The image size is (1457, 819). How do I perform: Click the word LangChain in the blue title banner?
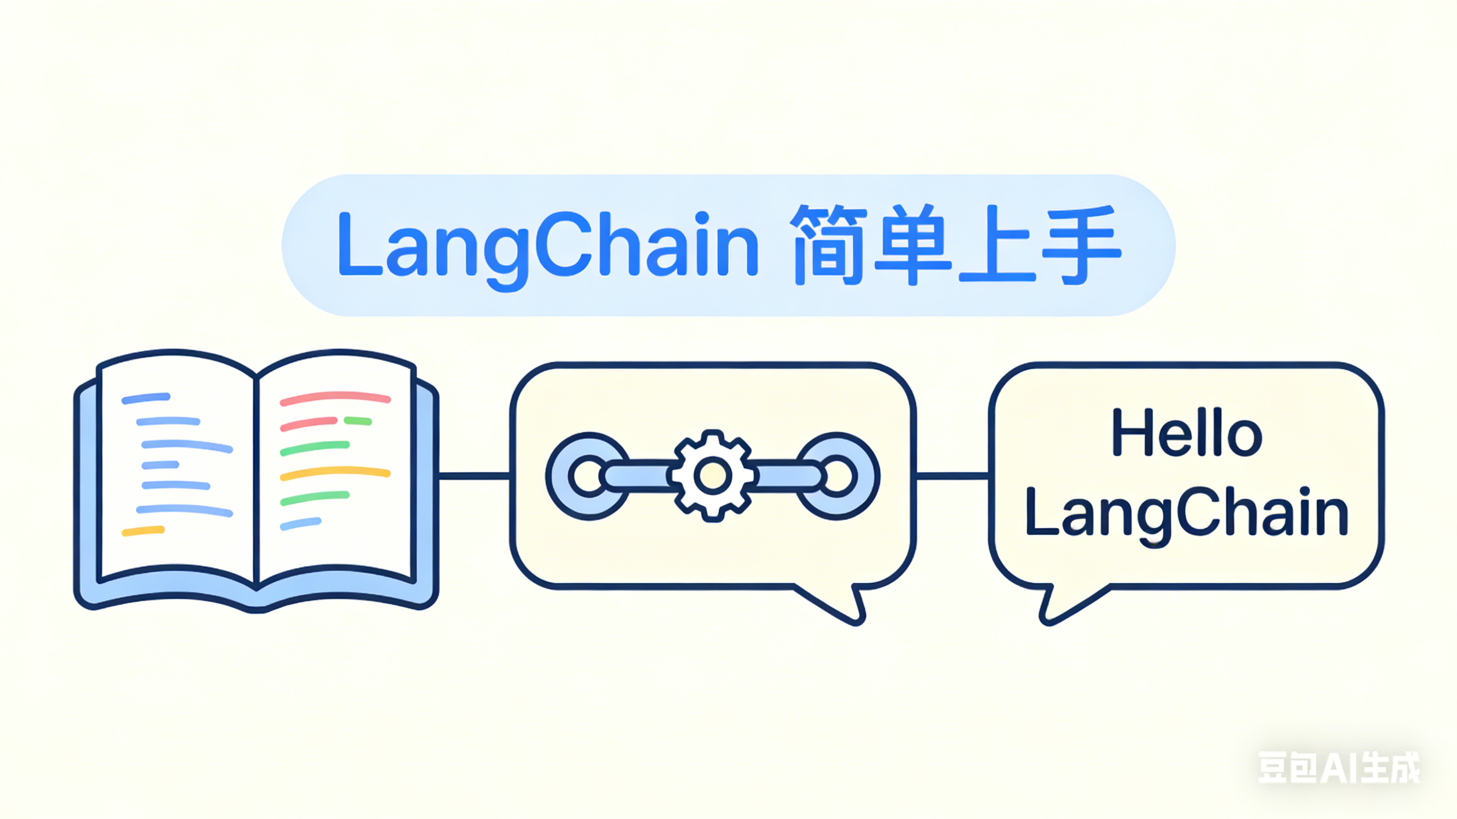pyautogui.click(x=548, y=247)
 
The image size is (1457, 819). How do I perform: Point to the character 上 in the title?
pyautogui.click(x=996, y=245)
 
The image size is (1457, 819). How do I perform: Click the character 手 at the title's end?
pyautogui.click(x=1081, y=245)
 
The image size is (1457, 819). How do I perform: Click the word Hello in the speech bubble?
pyautogui.click(x=1186, y=433)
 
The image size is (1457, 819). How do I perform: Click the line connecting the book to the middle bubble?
pyautogui.click(x=474, y=476)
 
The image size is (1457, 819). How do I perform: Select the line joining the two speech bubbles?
pyautogui.click(x=953, y=476)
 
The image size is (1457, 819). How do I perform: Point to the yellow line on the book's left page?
pyautogui.click(x=143, y=530)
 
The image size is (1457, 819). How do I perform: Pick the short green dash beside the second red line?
pyautogui.click(x=358, y=421)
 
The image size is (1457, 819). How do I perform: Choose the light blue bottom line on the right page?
pyautogui.click(x=301, y=524)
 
